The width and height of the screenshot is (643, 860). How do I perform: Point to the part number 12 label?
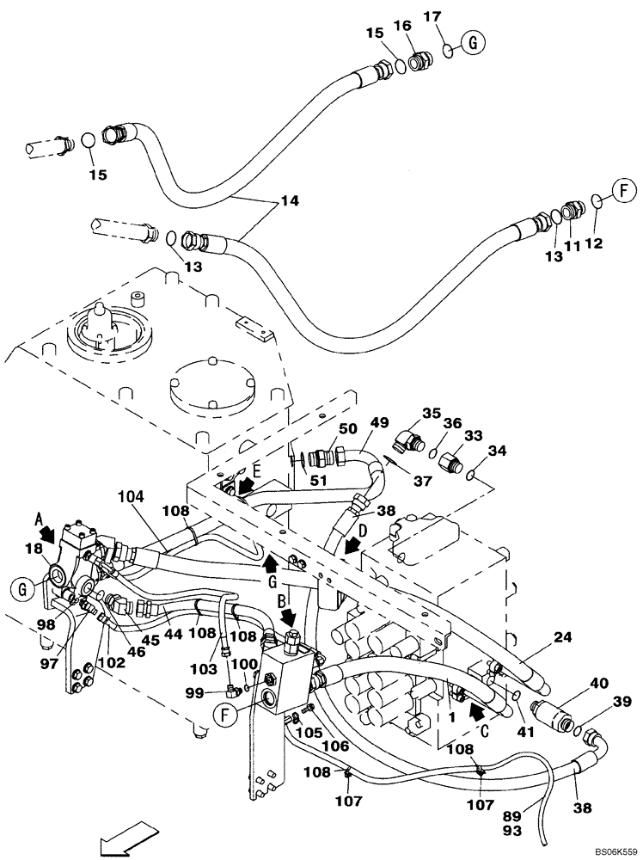593,244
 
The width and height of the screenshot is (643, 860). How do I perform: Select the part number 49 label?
379,422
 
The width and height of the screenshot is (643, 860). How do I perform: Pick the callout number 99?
195,691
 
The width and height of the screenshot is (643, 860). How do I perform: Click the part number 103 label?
202,668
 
